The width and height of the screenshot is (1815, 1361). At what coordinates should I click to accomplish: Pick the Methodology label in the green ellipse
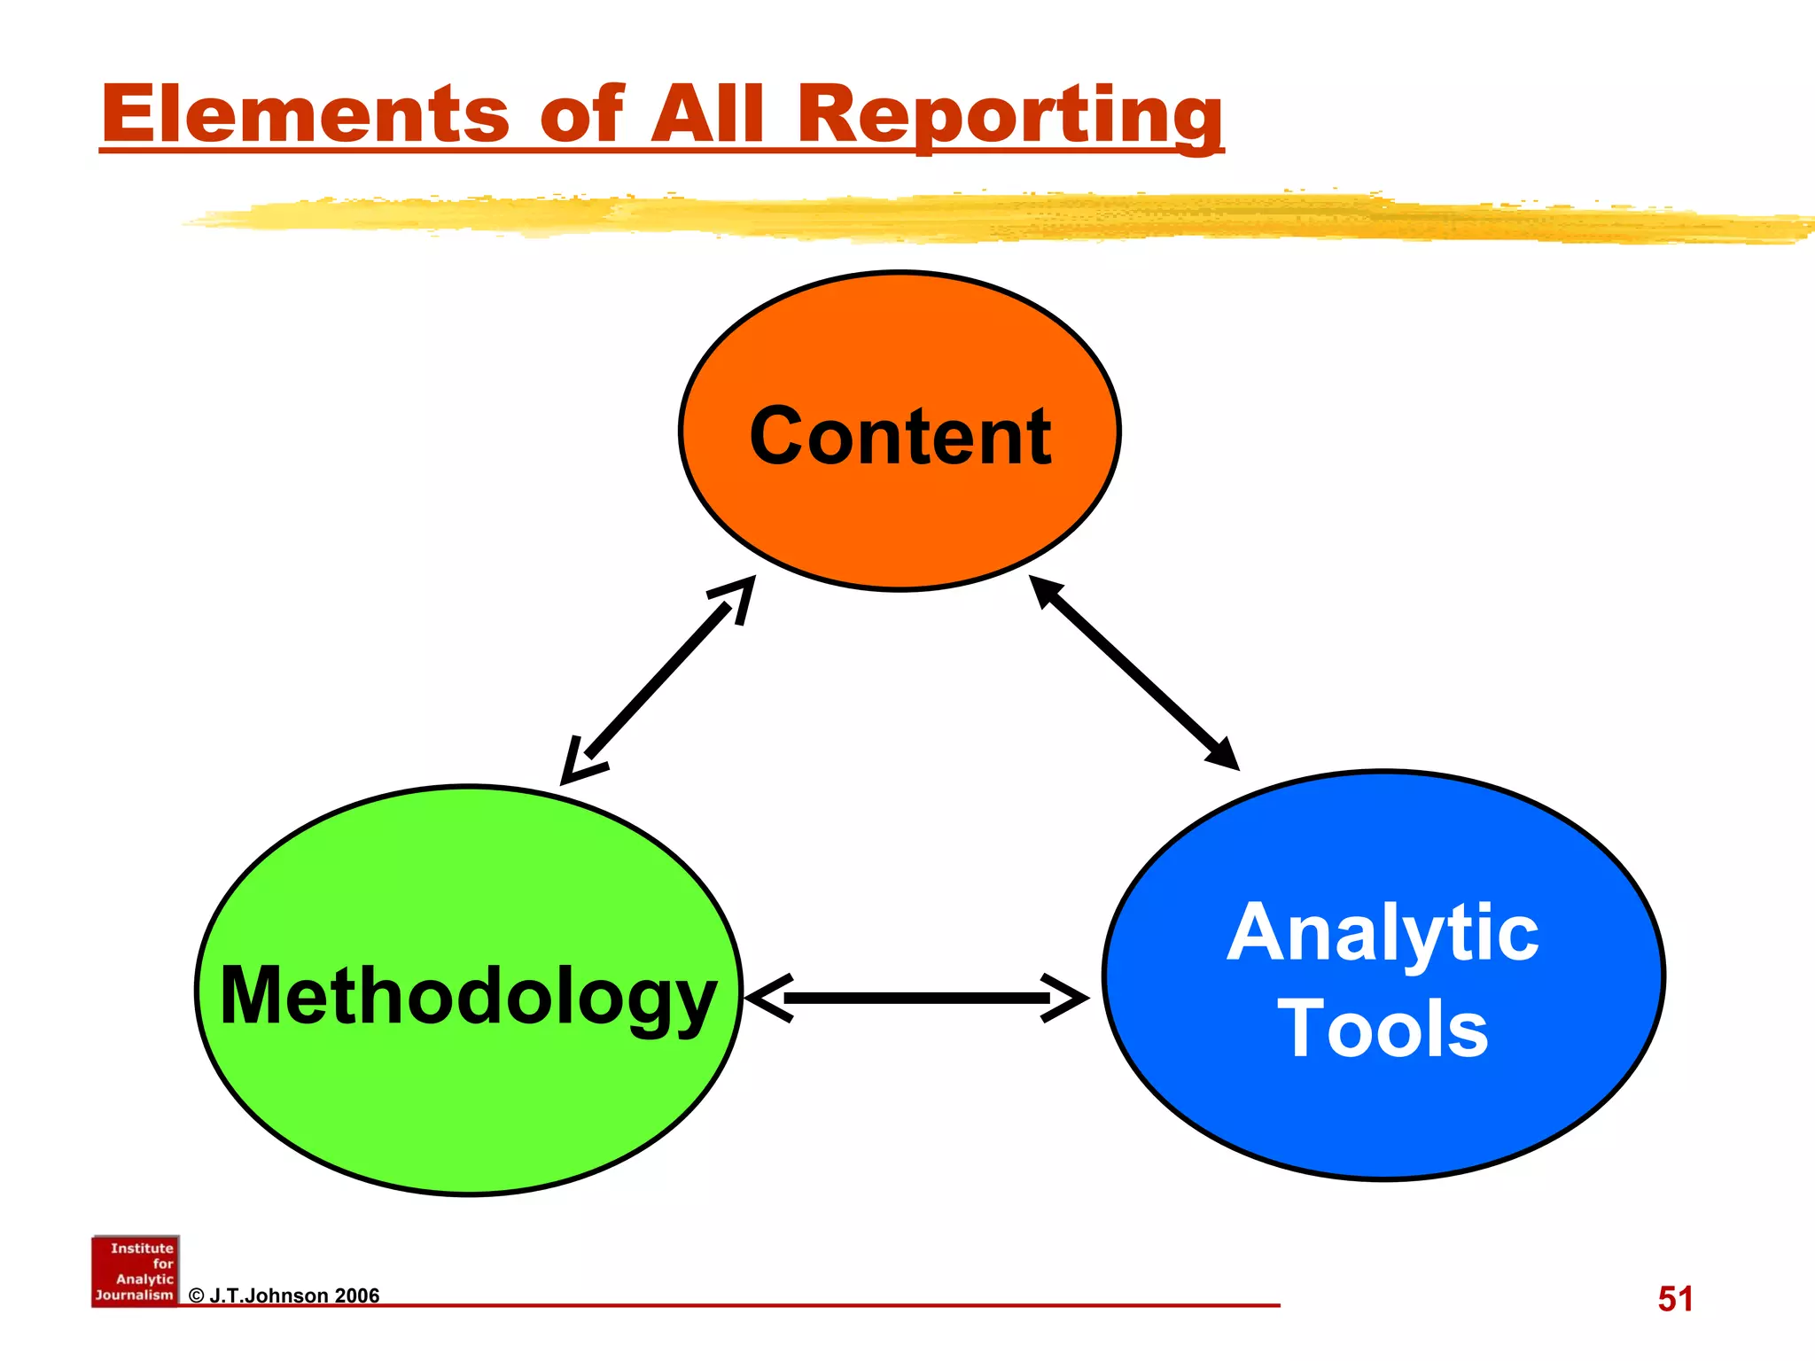point(468,997)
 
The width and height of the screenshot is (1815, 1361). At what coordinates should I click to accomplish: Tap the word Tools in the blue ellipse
point(1383,1029)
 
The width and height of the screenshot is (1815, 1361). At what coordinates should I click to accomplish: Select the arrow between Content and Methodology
point(658,680)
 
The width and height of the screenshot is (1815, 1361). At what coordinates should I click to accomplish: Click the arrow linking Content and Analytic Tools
point(1133,673)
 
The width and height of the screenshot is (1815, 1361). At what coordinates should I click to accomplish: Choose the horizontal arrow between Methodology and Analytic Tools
point(917,999)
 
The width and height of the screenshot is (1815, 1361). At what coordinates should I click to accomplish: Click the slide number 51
point(1675,1299)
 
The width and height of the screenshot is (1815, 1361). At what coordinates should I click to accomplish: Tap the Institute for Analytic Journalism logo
point(136,1271)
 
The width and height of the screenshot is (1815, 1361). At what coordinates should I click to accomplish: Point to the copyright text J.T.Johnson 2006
point(284,1295)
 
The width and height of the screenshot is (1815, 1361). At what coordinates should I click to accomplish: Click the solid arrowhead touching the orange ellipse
point(1046,591)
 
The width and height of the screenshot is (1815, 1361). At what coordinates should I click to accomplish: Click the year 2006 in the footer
point(356,1295)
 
